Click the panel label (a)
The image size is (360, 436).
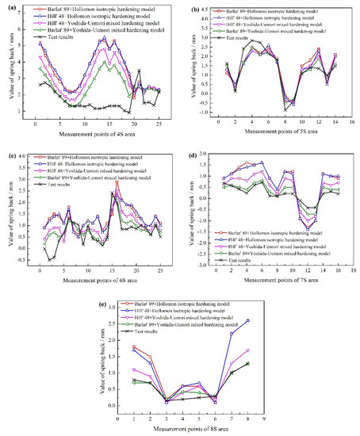coord(6,6)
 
